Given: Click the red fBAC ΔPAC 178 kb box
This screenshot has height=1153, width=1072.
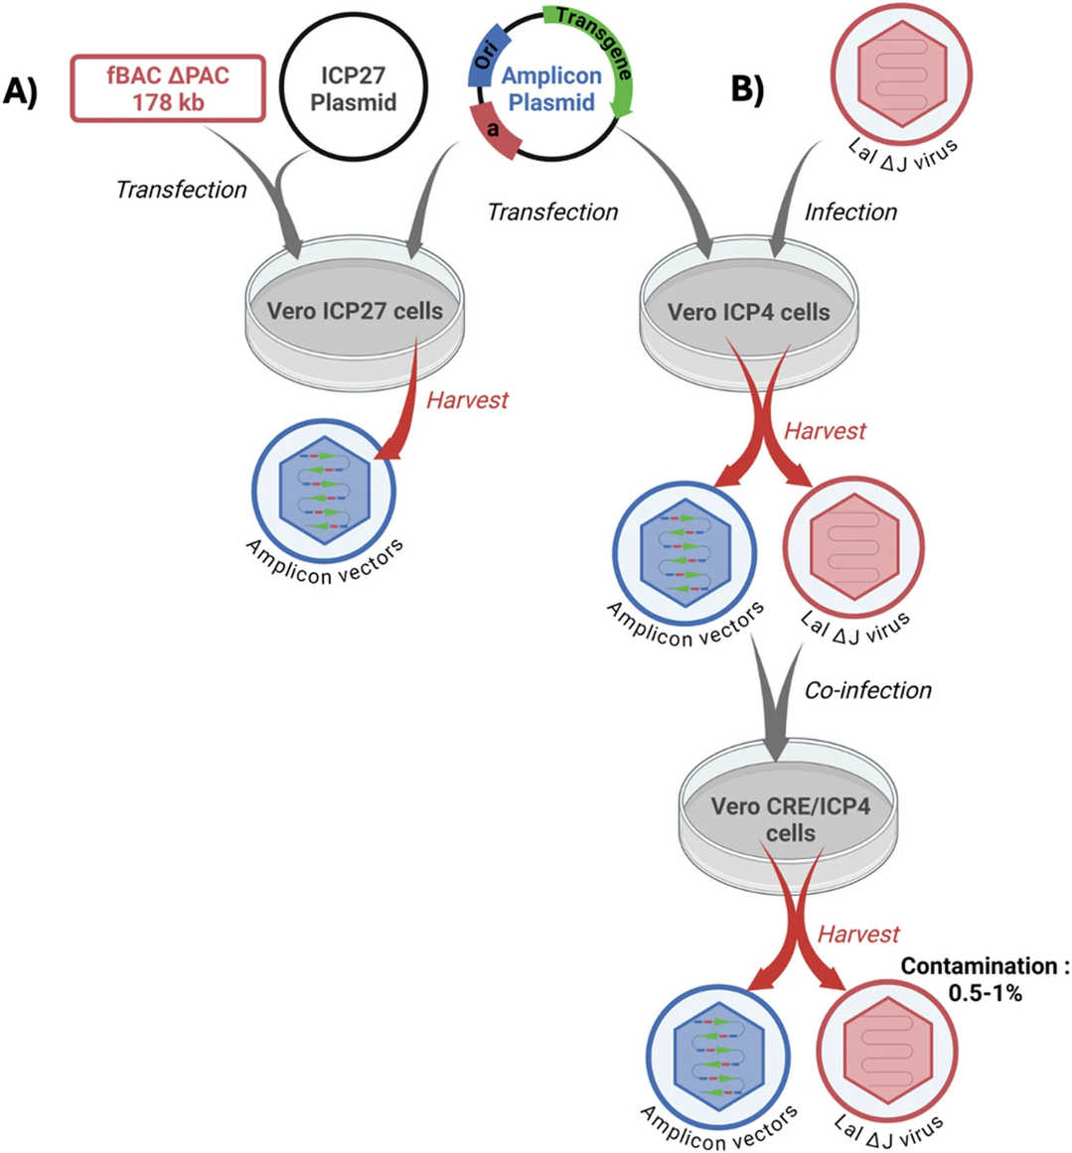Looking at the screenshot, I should click(168, 88).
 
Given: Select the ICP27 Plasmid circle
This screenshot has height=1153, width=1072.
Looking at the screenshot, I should click(353, 89).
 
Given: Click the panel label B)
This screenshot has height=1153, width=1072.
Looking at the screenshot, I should click(748, 88).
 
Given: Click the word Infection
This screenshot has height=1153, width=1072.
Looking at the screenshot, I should click(850, 212).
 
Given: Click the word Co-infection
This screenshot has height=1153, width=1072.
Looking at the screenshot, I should click(867, 689).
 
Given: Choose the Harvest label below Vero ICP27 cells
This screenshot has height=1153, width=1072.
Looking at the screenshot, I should click(467, 400).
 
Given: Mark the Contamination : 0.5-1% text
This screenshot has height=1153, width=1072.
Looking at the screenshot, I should click(978, 978).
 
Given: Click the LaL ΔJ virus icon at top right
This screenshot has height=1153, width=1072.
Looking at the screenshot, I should click(901, 74).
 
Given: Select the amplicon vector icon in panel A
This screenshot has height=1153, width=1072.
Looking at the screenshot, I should click(324, 491).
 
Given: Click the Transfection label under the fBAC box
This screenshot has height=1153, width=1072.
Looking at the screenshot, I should click(181, 190).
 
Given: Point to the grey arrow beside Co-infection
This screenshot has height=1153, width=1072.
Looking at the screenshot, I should click(774, 710).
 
